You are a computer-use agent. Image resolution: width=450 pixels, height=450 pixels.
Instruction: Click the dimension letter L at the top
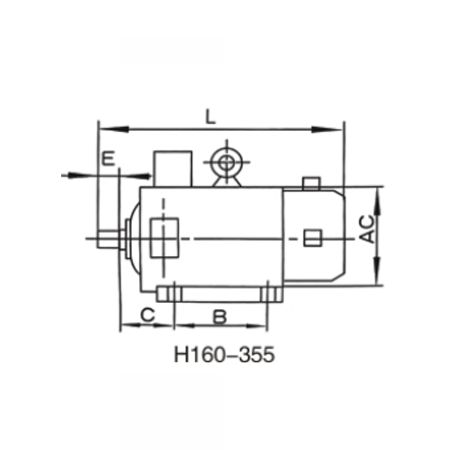[x=210, y=117]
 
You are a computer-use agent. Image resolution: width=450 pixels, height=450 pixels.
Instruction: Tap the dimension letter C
[x=147, y=315]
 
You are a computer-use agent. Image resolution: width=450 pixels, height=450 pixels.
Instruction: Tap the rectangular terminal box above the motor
[x=174, y=168]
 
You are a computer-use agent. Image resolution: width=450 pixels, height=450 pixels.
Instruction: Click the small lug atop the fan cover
[x=311, y=183]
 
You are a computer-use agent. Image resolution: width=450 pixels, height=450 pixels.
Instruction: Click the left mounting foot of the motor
[x=169, y=295]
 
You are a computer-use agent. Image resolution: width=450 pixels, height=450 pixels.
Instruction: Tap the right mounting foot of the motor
[x=271, y=295]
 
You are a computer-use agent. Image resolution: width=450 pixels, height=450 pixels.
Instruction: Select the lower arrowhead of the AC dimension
[x=377, y=279]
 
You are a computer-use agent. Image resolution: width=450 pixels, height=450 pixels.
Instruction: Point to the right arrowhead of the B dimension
[x=261, y=325]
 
